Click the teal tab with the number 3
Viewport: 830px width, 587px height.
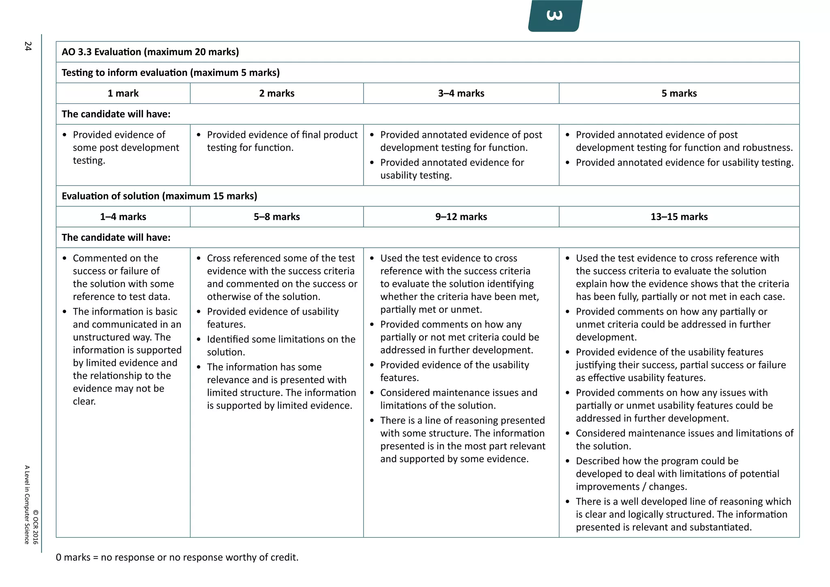click(555, 16)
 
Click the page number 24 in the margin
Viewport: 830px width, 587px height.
click(28, 46)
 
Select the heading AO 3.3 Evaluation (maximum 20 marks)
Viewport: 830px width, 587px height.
click(150, 52)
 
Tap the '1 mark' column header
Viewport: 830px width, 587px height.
click(123, 93)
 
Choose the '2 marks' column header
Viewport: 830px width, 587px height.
click(276, 93)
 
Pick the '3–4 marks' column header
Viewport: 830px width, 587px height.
click(461, 93)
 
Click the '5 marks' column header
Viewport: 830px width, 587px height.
click(679, 93)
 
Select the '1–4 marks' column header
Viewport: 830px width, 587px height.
click(123, 216)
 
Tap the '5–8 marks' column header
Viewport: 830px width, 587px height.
click(276, 216)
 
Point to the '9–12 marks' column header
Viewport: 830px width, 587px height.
click(461, 216)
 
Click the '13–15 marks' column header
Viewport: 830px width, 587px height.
click(679, 216)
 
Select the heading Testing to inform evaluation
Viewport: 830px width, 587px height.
click(170, 73)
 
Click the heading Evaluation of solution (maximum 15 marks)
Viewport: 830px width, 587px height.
click(159, 196)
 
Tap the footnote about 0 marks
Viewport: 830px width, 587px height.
click(177, 557)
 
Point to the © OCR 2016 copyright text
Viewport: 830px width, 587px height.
click(36, 527)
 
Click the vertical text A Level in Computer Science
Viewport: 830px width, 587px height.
click(27, 504)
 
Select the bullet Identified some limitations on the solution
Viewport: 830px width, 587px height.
click(280, 345)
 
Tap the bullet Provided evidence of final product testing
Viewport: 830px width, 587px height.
click(282, 141)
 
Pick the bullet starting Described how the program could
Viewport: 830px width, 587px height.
click(677, 473)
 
